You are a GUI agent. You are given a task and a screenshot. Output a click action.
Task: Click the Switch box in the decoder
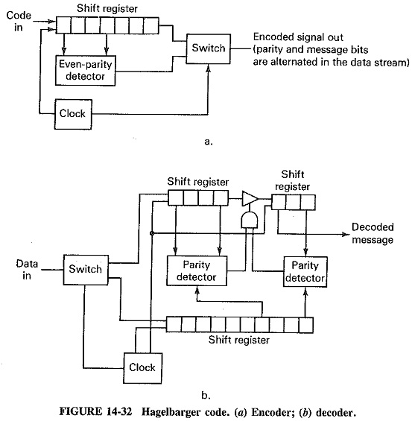[82, 268]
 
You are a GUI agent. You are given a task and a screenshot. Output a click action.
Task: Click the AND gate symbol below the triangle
[249, 220]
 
